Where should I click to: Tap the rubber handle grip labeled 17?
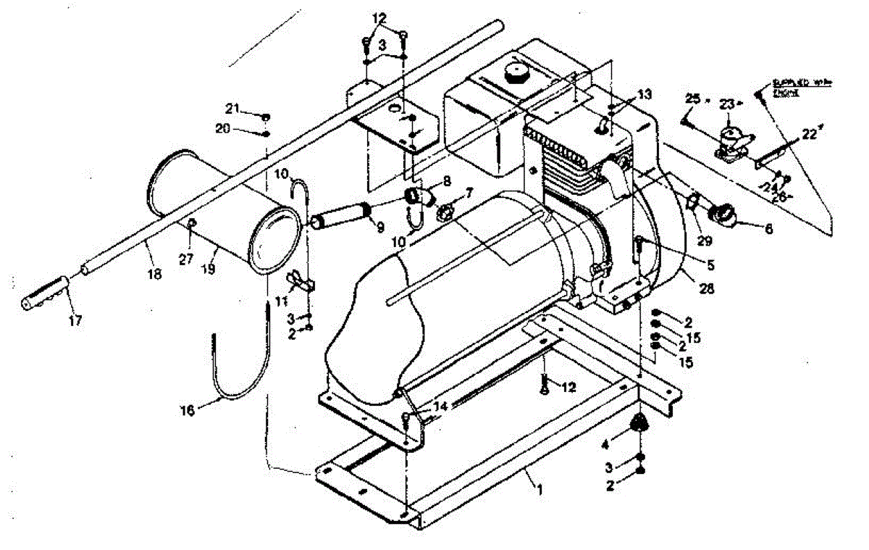tap(45, 288)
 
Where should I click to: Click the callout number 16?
tap(188, 410)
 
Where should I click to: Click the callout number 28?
tap(705, 288)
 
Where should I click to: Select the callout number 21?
tap(232, 109)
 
